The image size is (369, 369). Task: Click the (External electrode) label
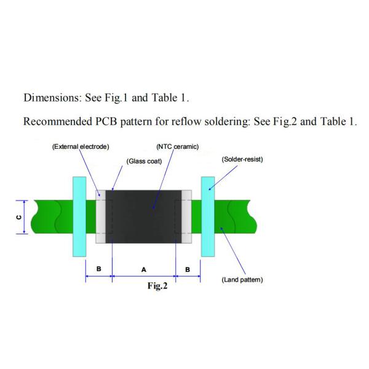tap(81, 146)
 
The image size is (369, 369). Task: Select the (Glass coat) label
tap(144, 161)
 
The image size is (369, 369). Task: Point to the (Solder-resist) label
tap(242, 159)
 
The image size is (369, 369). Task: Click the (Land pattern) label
tap(242, 280)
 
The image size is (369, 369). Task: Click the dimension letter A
tap(143, 269)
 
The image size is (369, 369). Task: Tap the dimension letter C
tap(18, 216)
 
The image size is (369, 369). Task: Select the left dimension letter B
tap(99, 269)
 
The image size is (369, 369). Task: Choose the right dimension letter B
tap(188, 269)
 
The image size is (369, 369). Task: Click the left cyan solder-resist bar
tap(79, 216)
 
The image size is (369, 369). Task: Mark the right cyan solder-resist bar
tap(208, 216)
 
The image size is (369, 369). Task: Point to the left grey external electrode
tap(100, 216)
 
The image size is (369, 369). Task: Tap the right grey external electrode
tap(186, 216)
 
